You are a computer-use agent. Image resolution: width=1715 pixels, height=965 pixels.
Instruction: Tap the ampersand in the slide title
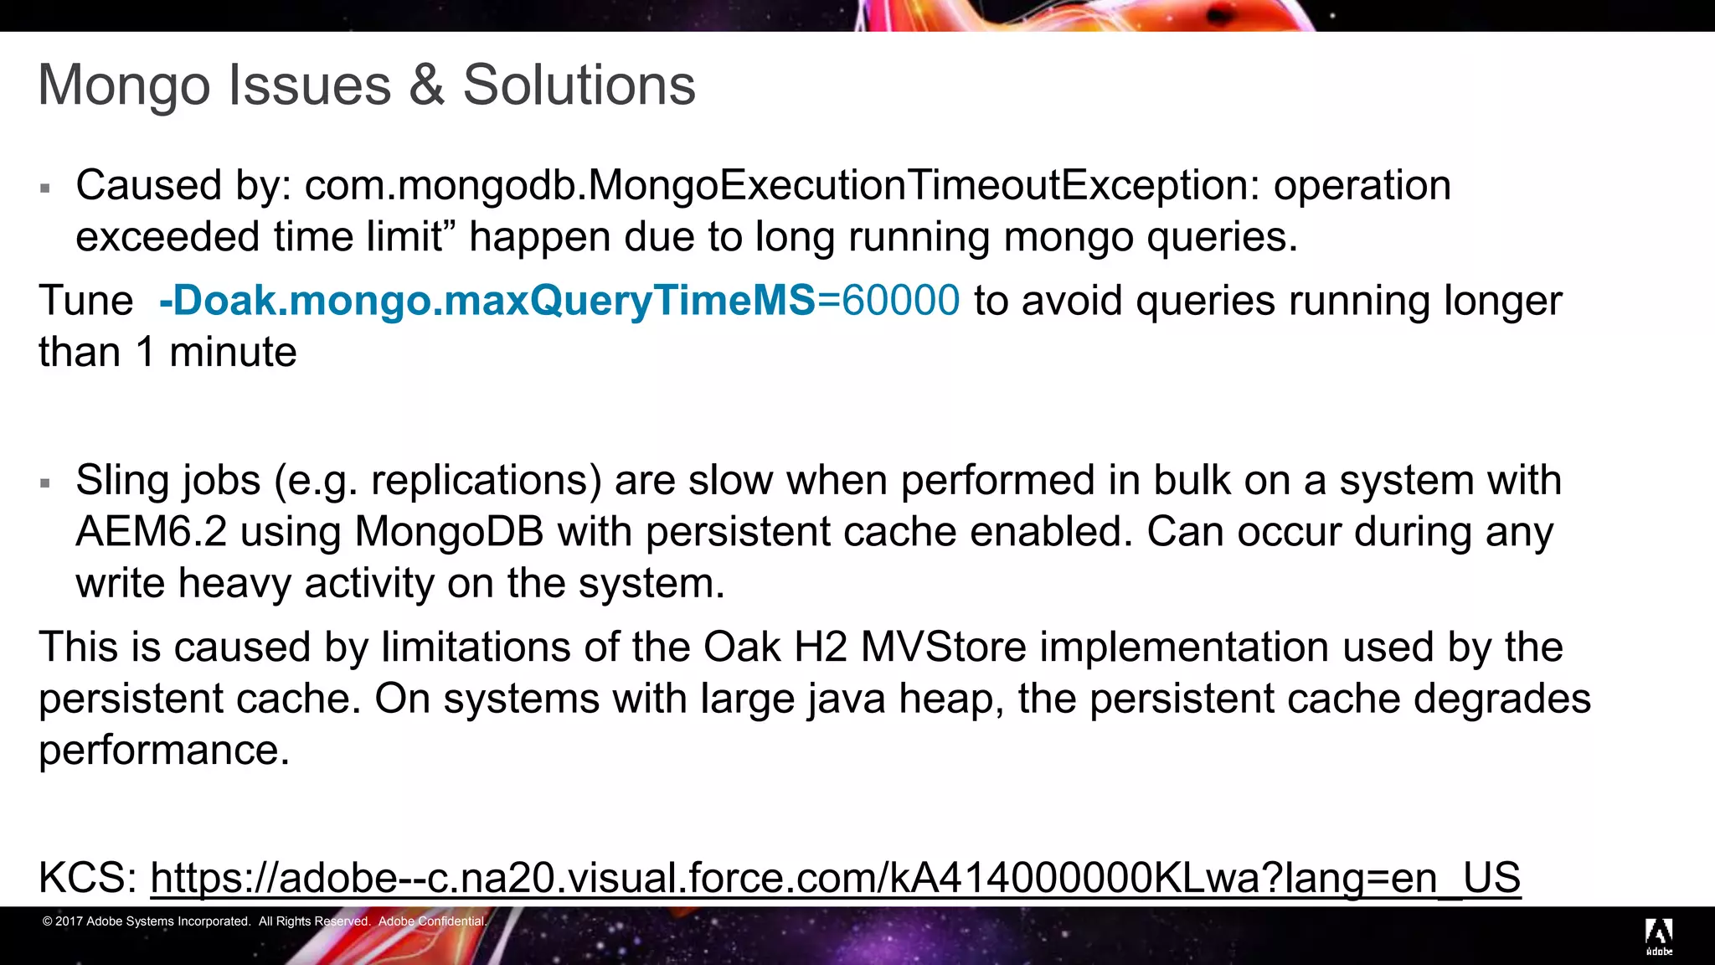click(426, 85)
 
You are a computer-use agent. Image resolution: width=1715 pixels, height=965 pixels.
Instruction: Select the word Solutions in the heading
click(579, 85)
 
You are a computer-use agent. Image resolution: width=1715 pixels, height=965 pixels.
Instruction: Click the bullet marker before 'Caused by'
click(45, 188)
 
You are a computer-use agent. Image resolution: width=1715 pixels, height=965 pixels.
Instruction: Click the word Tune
click(85, 300)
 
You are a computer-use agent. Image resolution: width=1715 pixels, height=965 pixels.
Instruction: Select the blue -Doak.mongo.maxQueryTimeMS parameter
click(487, 300)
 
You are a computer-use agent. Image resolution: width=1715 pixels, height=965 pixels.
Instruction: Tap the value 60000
click(900, 300)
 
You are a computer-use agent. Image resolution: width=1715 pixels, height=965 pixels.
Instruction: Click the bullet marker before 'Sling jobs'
click(45, 483)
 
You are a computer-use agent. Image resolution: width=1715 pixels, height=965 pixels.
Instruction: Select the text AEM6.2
click(151, 532)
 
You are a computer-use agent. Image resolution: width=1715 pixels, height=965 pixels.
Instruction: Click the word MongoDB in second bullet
click(449, 532)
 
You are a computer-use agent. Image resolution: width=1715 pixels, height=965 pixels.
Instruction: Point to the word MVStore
click(943, 647)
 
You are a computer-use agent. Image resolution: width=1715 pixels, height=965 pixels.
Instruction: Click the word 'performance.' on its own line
click(164, 750)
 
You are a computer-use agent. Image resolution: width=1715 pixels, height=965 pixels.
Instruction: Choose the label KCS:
click(88, 878)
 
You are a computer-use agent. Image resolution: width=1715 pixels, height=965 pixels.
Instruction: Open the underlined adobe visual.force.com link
click(835, 878)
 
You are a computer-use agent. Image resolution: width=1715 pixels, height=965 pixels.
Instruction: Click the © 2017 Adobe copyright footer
click(264, 921)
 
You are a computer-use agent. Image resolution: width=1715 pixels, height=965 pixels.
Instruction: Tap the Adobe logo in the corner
click(1659, 936)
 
